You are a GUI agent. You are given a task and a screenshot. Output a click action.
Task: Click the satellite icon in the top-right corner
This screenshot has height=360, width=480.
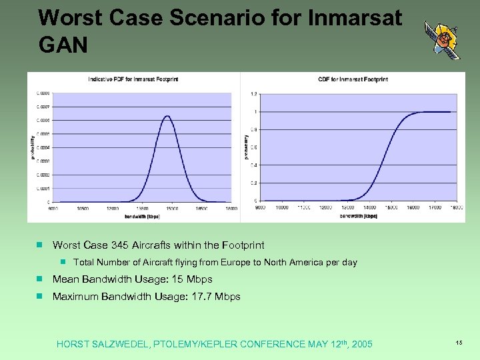click(442, 40)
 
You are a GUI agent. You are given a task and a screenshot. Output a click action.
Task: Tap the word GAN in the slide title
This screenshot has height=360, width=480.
click(64, 45)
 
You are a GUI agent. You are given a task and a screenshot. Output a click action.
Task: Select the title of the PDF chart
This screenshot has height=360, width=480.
click(133, 79)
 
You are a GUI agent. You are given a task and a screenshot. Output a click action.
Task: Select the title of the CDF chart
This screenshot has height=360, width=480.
click(354, 79)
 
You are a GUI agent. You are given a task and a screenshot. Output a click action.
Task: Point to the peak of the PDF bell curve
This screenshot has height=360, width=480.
click(167, 117)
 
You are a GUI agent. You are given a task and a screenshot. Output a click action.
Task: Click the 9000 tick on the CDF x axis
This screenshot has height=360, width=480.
click(260, 207)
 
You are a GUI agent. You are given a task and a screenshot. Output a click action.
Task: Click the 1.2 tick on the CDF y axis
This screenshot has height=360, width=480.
click(253, 93)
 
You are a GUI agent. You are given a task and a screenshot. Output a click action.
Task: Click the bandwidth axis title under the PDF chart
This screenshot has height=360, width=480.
click(143, 216)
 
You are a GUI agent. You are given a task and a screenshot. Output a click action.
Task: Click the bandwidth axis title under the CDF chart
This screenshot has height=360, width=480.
click(358, 215)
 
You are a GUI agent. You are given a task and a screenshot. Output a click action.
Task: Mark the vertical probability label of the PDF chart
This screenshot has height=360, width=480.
click(32, 147)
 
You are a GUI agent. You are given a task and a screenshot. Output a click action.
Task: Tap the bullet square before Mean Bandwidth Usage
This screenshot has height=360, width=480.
click(40, 279)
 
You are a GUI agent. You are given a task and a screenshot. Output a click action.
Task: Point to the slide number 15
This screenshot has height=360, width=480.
click(459, 342)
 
